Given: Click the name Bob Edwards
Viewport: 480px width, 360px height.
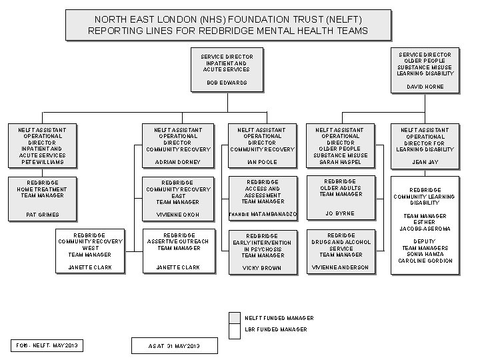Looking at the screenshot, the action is coord(227,83).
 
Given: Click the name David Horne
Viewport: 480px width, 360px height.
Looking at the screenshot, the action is coord(425,87).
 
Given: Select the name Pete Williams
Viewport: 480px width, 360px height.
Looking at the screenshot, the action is coord(42,162).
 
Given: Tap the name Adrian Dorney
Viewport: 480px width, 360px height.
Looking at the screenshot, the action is coord(177,162).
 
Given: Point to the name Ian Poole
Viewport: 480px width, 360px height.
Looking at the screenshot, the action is coord(261,162).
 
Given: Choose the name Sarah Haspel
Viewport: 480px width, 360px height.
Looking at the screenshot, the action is coord(339,162).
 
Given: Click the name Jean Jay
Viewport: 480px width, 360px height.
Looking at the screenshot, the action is coord(425,162).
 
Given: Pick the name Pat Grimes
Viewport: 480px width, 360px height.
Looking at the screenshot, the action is coord(42,215).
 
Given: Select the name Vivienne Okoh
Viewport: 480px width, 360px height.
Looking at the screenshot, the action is coord(177,215).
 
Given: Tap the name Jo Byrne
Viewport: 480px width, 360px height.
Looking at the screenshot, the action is coord(339,214).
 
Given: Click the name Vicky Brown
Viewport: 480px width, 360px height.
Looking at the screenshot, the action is coord(261,268).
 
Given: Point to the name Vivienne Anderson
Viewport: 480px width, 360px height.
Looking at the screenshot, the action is coord(339,267).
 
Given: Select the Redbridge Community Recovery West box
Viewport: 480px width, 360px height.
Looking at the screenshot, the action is coord(89,251).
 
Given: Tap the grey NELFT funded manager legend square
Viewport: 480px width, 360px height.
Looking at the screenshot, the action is coord(234,317).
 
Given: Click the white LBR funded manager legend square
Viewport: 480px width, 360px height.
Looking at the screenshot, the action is coord(234,329).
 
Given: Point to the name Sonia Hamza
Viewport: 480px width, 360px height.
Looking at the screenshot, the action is coord(425,254).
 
